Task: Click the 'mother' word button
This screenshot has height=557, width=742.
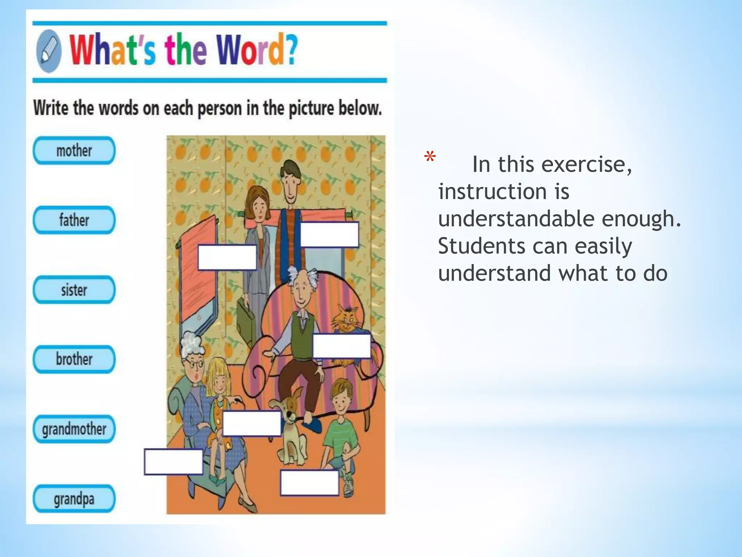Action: [74, 150]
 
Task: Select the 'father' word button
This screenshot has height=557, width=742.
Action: [74, 220]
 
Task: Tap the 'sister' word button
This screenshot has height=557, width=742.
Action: [74, 290]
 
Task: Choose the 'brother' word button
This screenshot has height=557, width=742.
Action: [74, 359]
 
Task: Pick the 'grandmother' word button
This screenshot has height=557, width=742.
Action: [74, 429]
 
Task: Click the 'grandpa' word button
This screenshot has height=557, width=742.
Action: [74, 499]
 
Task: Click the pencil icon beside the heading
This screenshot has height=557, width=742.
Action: [49, 51]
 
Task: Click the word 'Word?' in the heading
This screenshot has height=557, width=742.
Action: [257, 50]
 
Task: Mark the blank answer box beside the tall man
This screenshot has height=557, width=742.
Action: [329, 235]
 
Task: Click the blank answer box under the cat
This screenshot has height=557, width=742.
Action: [342, 346]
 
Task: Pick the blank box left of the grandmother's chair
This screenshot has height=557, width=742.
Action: [173, 462]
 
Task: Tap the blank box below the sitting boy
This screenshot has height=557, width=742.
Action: [309, 482]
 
